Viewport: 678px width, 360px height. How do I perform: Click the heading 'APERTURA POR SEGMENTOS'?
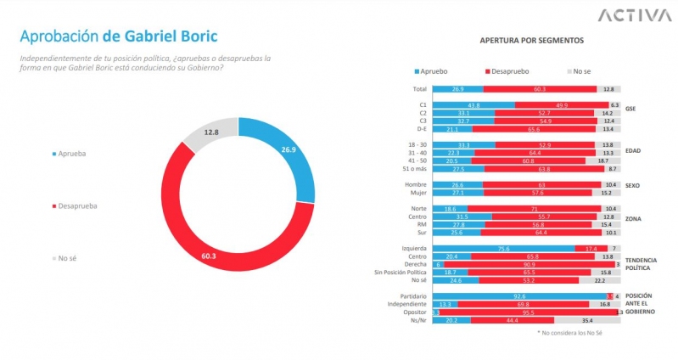pos(531,40)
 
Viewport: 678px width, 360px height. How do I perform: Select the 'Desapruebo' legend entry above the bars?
pos(509,70)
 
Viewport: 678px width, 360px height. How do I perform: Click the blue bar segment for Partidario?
pos(518,295)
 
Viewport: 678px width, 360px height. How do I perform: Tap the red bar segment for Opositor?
pos(527,312)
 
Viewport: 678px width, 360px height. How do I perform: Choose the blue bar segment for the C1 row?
pos(473,105)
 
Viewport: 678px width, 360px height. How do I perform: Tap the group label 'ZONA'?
pos(634,219)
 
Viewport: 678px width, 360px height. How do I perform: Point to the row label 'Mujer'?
pos(416,192)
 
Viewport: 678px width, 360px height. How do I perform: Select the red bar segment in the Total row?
pos(540,88)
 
